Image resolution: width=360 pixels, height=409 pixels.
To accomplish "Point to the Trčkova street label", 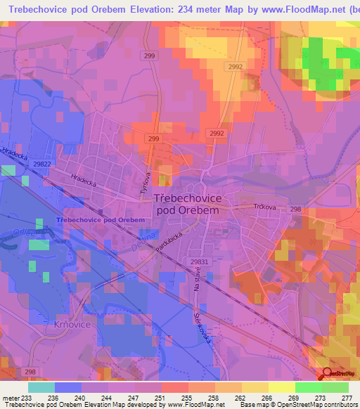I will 264,207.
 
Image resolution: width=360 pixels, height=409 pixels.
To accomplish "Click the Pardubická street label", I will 172,244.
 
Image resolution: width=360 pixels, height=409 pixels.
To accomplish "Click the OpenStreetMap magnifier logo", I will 326,373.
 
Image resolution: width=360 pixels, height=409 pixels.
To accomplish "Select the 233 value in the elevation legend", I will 25,398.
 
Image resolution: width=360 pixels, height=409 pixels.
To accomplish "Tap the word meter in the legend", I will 10,398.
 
